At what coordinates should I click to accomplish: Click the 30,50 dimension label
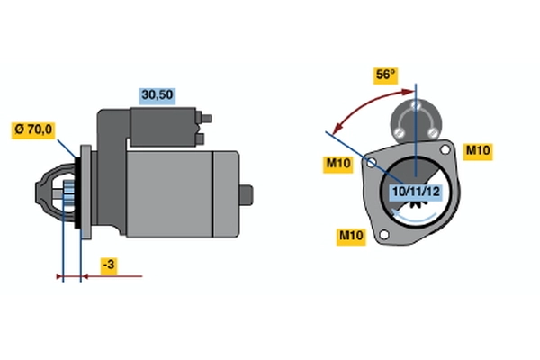click(155, 94)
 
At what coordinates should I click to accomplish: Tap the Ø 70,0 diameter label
click(33, 130)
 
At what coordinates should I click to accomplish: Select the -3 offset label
click(108, 265)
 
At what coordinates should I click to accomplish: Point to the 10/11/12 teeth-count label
click(415, 191)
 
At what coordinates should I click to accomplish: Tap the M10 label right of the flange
click(477, 150)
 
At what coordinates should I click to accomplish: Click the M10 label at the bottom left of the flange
click(350, 236)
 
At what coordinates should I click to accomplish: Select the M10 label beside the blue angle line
click(337, 163)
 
